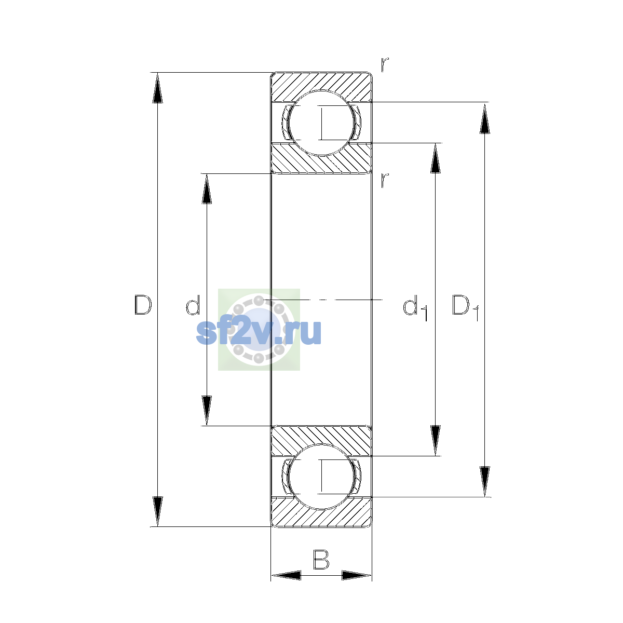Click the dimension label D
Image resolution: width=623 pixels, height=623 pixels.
[143, 305]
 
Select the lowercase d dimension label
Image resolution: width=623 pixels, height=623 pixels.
[193, 305]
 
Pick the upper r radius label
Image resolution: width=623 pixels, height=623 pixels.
[384, 64]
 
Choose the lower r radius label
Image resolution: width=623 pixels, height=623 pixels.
[384, 180]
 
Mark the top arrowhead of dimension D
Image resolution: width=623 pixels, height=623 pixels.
[157, 88]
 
